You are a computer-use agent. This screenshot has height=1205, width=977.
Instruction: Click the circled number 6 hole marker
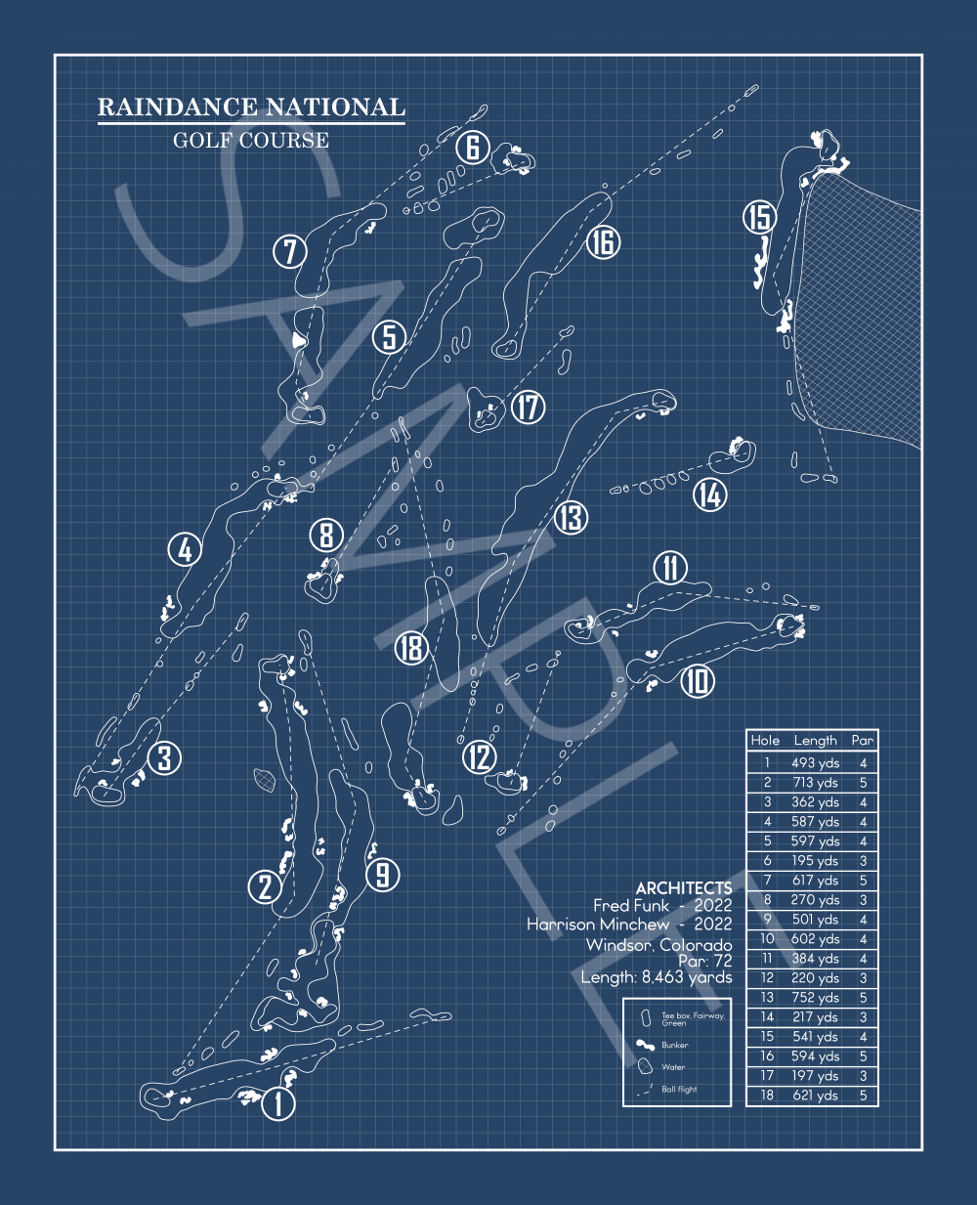click(x=472, y=148)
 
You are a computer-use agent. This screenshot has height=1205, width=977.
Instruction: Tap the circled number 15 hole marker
click(x=759, y=217)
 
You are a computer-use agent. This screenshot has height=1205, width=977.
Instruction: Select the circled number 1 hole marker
click(x=278, y=1104)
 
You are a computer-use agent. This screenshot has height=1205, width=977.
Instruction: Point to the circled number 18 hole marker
click(x=412, y=647)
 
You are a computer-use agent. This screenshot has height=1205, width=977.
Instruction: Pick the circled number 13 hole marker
click(x=571, y=517)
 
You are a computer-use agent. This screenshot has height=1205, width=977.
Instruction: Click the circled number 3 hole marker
click(x=165, y=757)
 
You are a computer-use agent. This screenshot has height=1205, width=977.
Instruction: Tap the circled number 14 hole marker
click(x=710, y=495)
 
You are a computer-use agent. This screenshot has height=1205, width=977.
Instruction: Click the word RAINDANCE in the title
click(x=178, y=108)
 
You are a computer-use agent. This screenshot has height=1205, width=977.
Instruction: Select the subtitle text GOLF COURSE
click(x=251, y=140)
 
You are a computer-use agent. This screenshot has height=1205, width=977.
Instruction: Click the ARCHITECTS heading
click(x=683, y=887)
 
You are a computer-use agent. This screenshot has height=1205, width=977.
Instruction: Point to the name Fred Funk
click(x=631, y=906)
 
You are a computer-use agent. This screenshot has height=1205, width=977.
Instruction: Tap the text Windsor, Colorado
click(x=658, y=944)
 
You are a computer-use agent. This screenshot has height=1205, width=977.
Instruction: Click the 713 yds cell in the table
click(x=815, y=783)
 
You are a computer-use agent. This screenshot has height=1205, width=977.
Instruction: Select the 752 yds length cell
click(x=815, y=998)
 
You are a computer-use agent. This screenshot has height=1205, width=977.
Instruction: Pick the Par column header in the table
click(x=862, y=741)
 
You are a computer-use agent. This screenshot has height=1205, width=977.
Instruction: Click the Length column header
click(x=815, y=741)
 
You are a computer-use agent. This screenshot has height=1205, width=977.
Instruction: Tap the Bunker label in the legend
click(x=675, y=1045)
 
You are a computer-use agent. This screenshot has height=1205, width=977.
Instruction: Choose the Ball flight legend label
click(x=679, y=1089)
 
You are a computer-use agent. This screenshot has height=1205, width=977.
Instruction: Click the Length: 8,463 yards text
click(x=656, y=977)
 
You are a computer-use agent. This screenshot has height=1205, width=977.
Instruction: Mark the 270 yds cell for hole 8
click(x=815, y=900)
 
